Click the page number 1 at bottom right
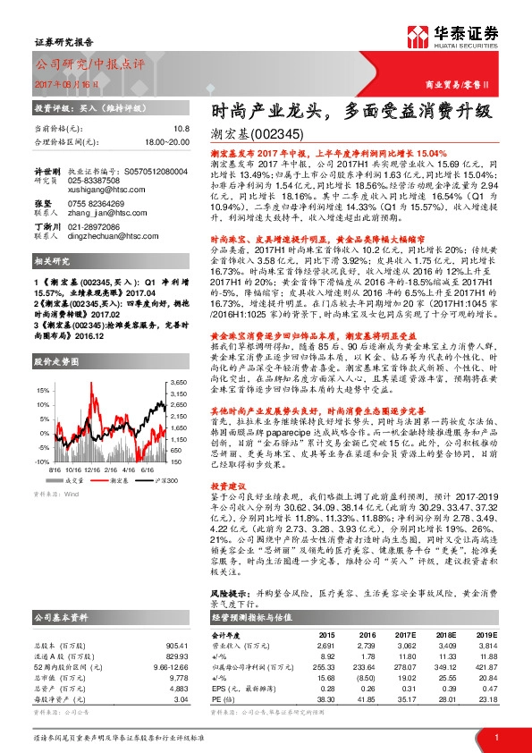click(495, 737)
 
